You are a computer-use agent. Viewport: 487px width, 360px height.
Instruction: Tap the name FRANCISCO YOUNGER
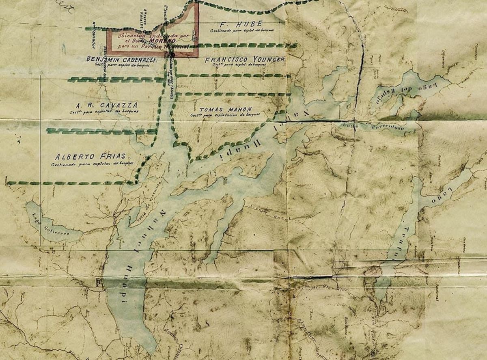click(x=244, y=59)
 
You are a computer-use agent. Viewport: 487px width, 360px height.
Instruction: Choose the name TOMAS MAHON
click(x=226, y=110)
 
